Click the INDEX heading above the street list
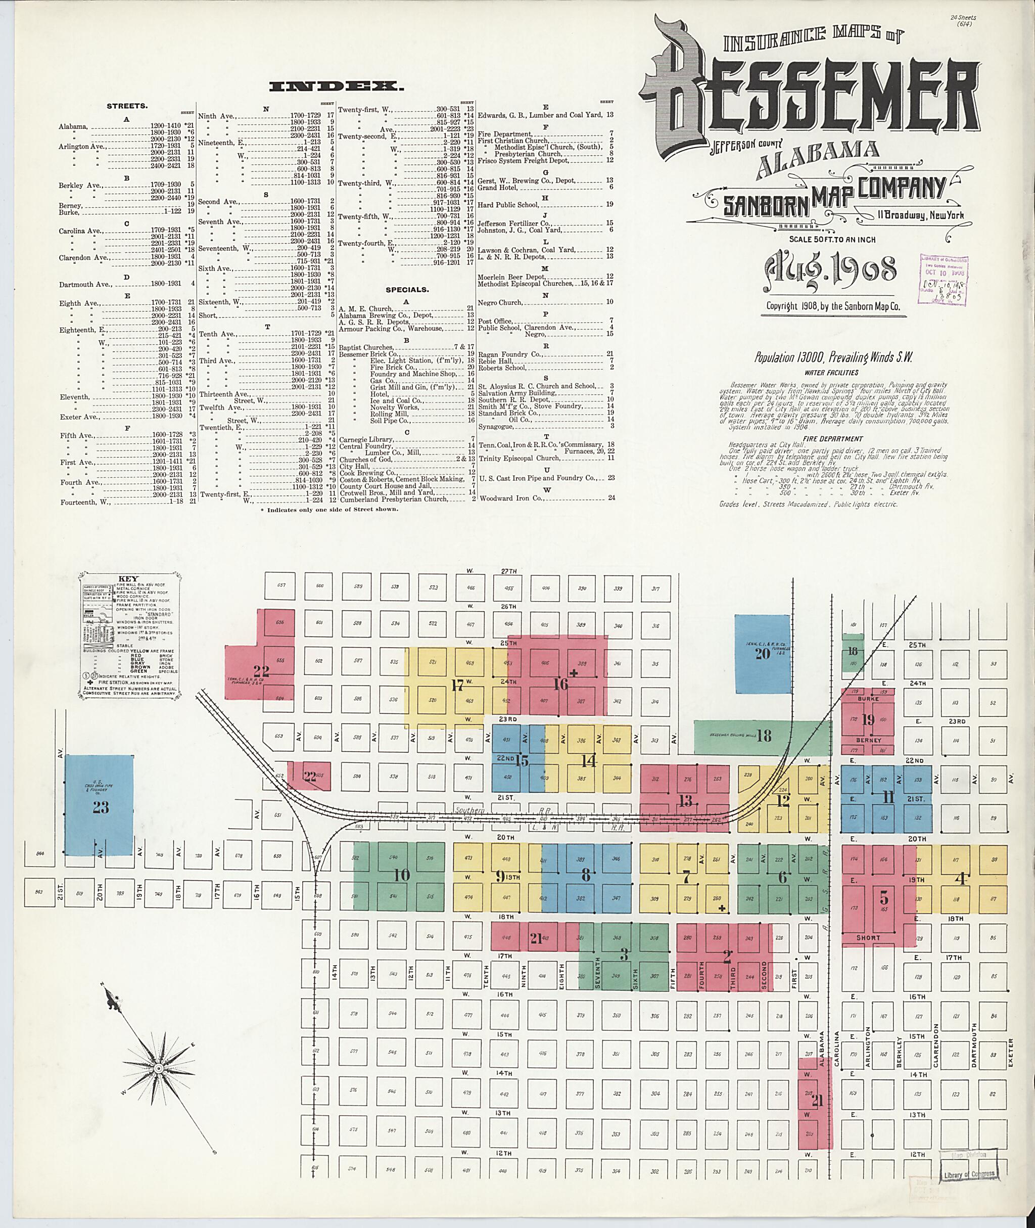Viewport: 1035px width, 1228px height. [x=336, y=87]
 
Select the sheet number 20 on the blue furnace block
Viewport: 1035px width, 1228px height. [x=762, y=653]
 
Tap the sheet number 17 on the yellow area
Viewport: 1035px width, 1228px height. [x=458, y=684]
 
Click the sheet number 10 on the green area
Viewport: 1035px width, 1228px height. [x=401, y=875]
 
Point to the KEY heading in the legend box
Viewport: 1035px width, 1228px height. [x=128, y=578]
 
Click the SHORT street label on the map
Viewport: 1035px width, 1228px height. [x=868, y=938]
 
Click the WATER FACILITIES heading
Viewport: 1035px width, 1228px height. [x=836, y=372]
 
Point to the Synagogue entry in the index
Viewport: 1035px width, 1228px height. [x=496, y=426]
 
